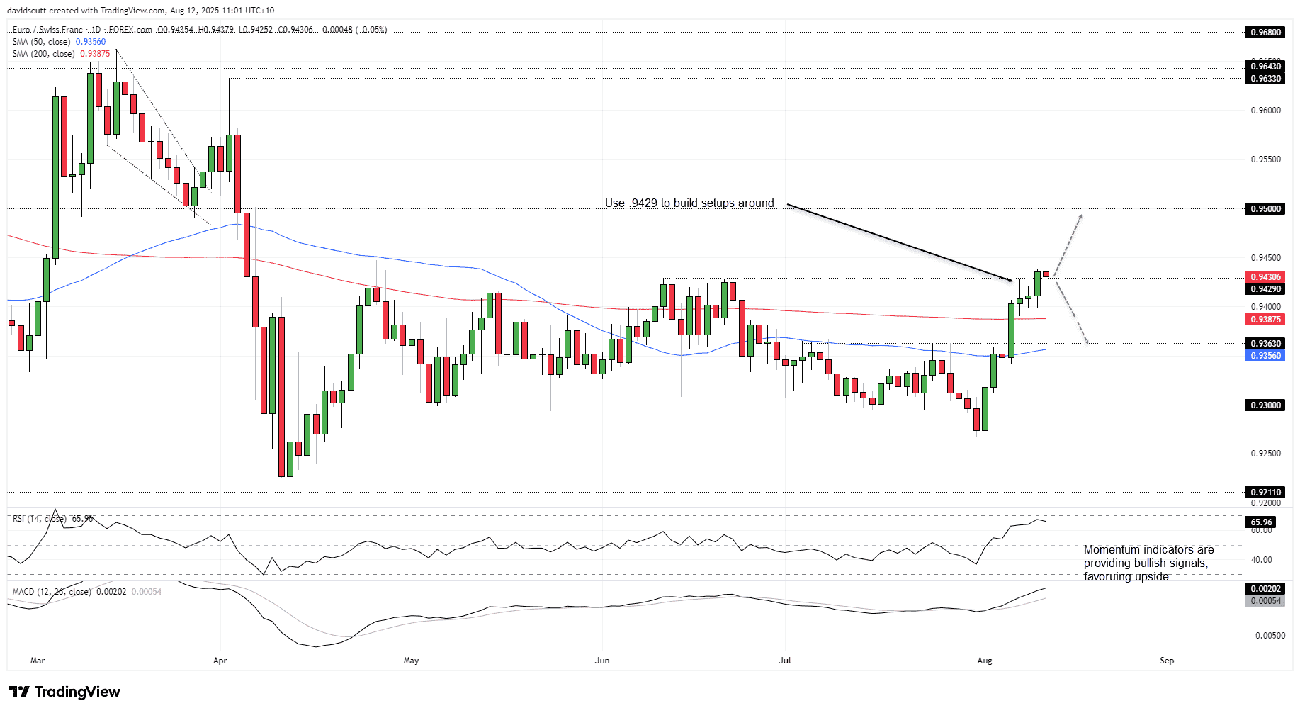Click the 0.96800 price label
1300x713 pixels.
tap(1265, 32)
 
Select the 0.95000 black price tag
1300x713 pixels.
tap(1265, 208)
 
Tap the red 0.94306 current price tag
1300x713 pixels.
tap(1265, 277)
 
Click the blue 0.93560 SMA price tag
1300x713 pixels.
tap(1265, 355)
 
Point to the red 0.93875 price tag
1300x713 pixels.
tap(1265, 320)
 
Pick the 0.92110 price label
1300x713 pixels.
tap(1265, 492)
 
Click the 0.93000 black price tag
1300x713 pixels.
tap(1265, 405)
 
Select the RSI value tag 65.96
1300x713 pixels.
tap(1261, 522)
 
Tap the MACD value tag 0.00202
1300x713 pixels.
tap(1265, 588)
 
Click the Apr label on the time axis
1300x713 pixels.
tap(220, 661)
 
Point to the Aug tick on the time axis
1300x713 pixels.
tap(984, 661)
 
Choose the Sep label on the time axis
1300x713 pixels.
tap(1167, 661)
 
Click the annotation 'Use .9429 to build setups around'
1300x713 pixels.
tap(689, 203)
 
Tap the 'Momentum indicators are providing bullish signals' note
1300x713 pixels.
tap(1148, 563)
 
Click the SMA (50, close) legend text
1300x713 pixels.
tap(43, 42)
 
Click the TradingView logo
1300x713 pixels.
tap(64, 692)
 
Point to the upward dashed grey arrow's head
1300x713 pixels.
tap(1081, 215)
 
